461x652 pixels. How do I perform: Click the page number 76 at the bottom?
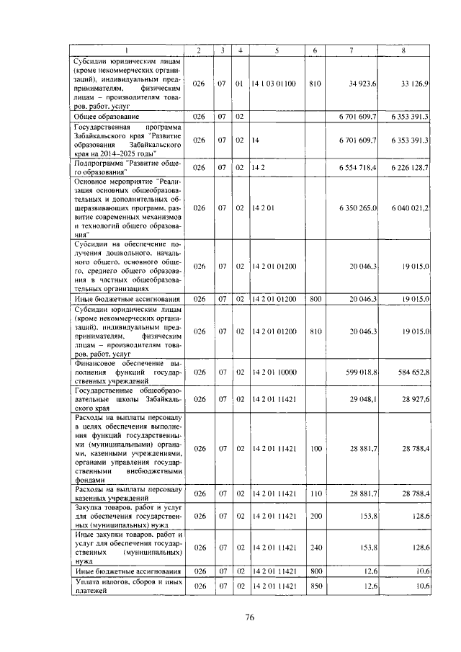tap(250, 617)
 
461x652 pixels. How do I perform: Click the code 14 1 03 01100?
tap(274, 84)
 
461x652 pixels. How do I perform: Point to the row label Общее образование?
tap(105, 116)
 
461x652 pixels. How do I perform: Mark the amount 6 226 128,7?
tap(410, 166)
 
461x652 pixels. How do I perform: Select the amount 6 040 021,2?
tap(410, 207)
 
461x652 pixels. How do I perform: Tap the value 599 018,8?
tap(362, 372)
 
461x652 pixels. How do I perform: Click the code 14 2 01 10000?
tap(274, 372)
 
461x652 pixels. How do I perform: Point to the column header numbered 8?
tap(403, 50)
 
